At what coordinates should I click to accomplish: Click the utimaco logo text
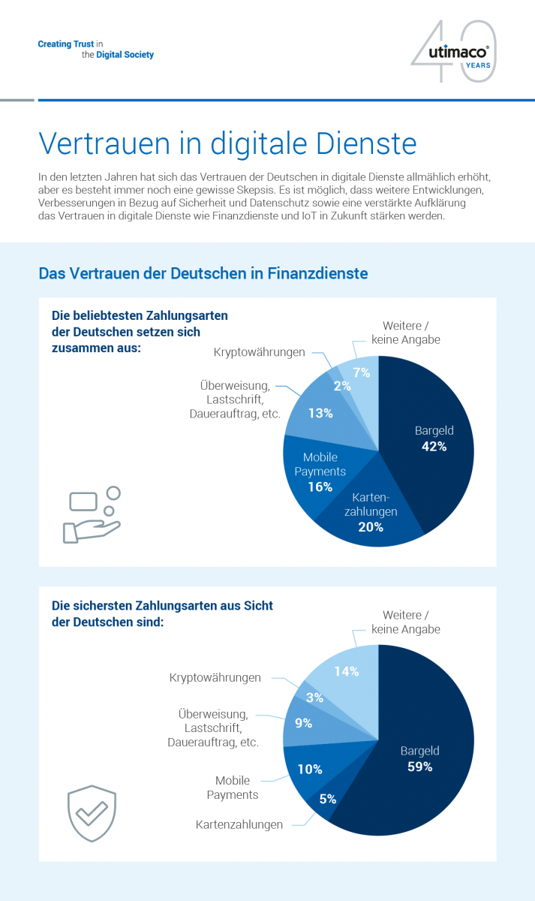point(458,53)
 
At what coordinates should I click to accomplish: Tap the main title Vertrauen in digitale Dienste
point(227,143)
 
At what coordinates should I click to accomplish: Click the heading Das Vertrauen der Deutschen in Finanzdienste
point(203,273)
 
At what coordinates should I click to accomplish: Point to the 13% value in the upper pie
point(320,413)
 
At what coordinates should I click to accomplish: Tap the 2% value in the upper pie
point(342,386)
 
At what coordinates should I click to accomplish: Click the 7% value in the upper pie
point(362,373)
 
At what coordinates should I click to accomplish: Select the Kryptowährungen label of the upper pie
point(260,352)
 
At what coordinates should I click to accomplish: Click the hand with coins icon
point(92,515)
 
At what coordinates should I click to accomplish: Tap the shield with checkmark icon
point(92,813)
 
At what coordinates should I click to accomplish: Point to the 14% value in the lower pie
point(347,671)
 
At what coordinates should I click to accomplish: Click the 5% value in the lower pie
point(328,799)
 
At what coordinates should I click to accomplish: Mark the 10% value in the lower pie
point(310,769)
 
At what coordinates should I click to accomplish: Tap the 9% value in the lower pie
point(303,723)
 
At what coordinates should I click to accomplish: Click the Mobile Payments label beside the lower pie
point(233,788)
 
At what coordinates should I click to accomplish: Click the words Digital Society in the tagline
point(125,55)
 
